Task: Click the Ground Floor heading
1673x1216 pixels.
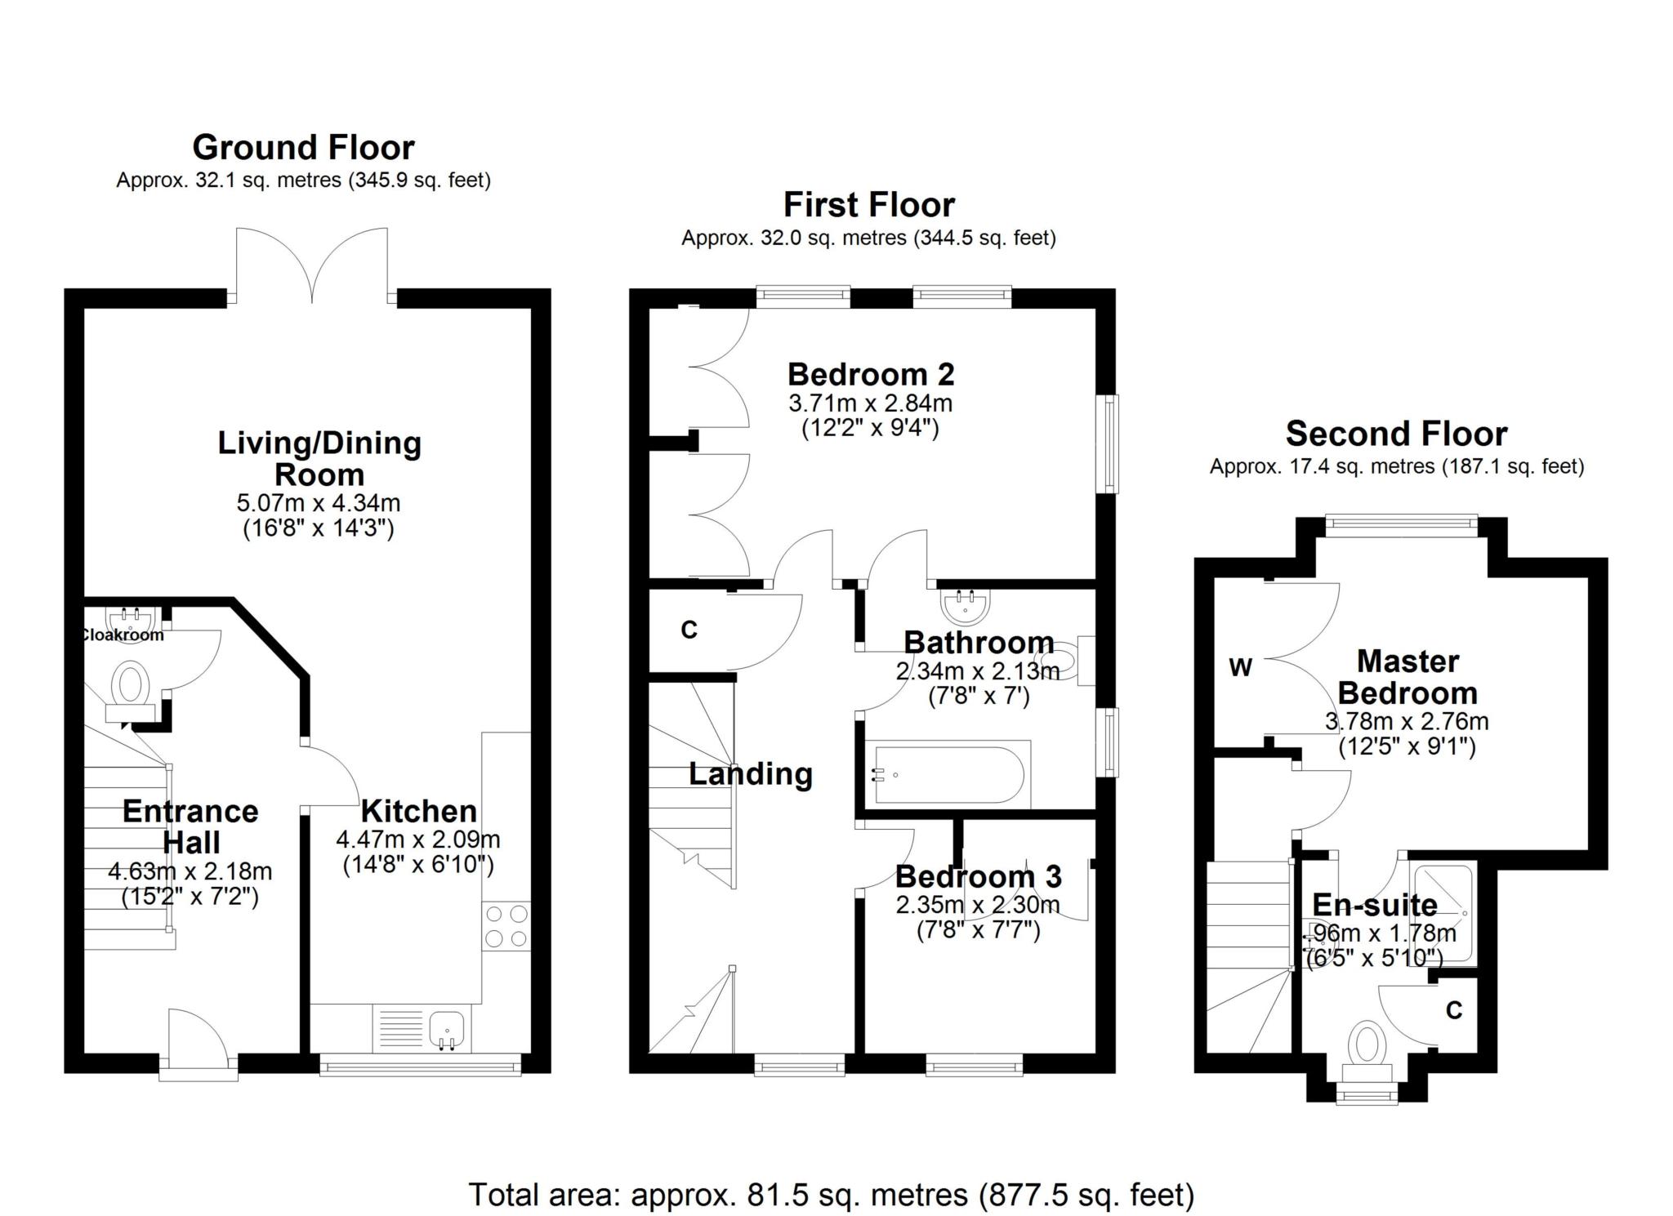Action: [x=303, y=148]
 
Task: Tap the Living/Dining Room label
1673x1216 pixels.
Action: [x=319, y=458]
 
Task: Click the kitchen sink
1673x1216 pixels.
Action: [x=446, y=1029]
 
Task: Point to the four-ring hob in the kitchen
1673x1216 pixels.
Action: [x=506, y=926]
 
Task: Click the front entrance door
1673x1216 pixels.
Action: [x=199, y=1041]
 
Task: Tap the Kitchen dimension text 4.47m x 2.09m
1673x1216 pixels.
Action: [x=417, y=840]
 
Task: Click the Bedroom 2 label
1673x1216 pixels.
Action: [x=871, y=374]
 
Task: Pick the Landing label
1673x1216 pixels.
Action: [x=751, y=774]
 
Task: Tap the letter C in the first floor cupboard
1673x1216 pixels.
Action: [x=689, y=630]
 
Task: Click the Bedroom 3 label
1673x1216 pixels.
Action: [x=979, y=876]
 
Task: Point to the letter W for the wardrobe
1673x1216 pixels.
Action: [x=1240, y=668]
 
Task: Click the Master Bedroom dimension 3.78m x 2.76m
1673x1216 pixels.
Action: [x=1407, y=722]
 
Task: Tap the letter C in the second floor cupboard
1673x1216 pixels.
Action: [x=1454, y=1011]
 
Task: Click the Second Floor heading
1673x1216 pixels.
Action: [x=1396, y=434]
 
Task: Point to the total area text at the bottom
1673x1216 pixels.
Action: [x=832, y=1195]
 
